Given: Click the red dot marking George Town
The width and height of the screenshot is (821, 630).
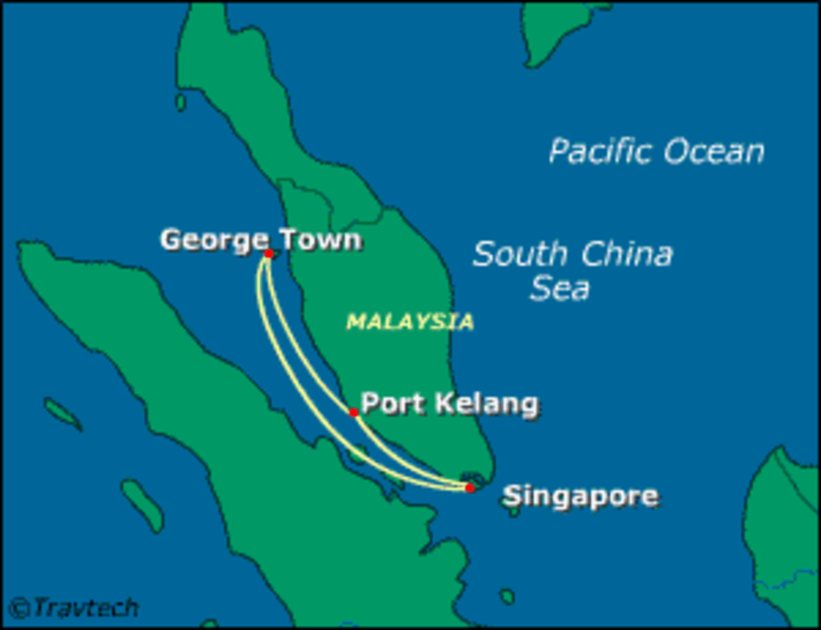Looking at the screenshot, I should point(268,254).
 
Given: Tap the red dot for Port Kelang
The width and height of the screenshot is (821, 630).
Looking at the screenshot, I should point(353,413).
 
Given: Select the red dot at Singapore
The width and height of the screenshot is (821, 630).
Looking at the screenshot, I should point(470,488).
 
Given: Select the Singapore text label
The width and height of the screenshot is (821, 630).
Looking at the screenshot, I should point(581,496).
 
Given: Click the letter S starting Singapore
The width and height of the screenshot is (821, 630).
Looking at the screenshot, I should point(512,495).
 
